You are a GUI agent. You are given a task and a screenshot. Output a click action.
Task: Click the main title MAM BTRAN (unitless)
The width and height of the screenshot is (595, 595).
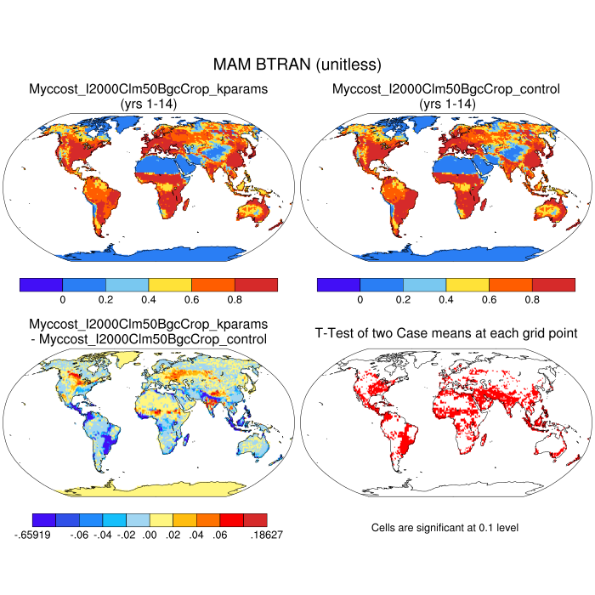[297, 65]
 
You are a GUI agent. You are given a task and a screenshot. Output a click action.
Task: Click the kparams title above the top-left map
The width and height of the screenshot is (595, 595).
[149, 96]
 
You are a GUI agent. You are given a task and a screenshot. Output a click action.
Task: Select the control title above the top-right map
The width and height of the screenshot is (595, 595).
[446, 96]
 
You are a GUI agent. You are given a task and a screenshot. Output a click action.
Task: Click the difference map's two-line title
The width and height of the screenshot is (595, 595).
[149, 332]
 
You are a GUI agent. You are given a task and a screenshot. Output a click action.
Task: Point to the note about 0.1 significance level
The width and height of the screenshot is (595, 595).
[445, 528]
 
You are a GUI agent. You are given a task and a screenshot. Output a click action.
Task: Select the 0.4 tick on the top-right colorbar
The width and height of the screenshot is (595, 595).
[446, 300]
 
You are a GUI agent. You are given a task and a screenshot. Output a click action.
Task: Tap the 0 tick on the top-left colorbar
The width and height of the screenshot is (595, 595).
[63, 300]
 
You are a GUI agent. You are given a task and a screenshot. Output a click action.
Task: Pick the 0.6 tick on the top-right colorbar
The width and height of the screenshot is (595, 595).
[489, 300]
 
